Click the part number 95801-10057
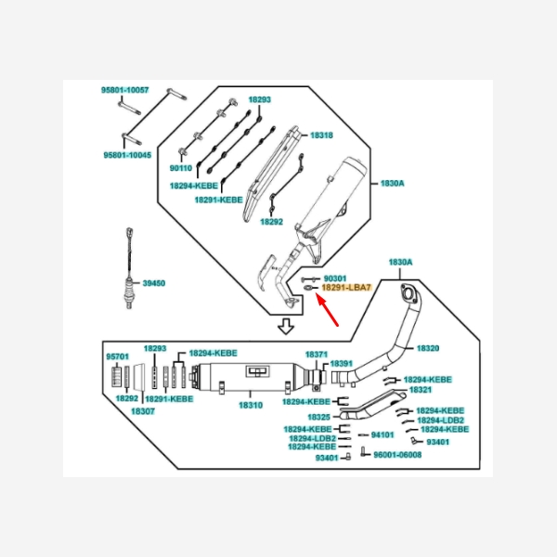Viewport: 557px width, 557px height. click(x=125, y=90)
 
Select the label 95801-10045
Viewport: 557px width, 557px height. click(x=125, y=155)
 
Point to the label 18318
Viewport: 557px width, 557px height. click(x=321, y=135)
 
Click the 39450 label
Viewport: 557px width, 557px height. click(x=153, y=283)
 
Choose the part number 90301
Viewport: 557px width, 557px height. click(x=334, y=278)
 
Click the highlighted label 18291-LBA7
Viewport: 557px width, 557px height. click(x=345, y=289)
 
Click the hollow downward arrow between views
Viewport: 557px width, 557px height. click(x=287, y=326)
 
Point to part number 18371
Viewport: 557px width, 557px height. click(x=317, y=355)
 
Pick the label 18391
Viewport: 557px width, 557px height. click(x=342, y=363)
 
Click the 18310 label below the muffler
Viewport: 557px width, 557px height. click(x=251, y=406)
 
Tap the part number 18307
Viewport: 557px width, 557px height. click(x=142, y=410)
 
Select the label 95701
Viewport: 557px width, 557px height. click(x=117, y=356)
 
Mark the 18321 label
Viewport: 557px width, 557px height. click(x=421, y=391)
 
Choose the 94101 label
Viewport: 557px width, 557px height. click(x=382, y=434)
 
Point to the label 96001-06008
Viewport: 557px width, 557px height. click(x=397, y=455)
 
